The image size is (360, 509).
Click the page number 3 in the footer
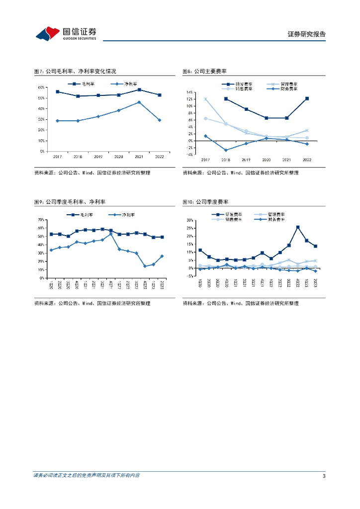tap(324, 476)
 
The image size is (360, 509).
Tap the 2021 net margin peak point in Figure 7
tap(139, 102)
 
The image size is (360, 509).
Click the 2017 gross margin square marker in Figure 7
tap(57, 92)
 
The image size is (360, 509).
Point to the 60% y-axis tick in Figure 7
tap(41, 87)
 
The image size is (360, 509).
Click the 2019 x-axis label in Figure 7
tap(98, 157)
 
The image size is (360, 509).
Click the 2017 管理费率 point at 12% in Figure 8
tap(205, 99)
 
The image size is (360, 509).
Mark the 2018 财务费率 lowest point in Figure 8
tap(226, 150)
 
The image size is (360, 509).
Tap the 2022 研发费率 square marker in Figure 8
tap(307, 98)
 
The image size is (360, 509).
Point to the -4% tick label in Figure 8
tap(189, 155)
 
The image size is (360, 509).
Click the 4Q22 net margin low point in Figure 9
tap(145, 266)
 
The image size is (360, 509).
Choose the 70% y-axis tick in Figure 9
tap(41, 219)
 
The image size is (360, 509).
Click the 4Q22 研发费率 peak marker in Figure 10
tap(297, 227)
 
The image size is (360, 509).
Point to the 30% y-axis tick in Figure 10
tap(189, 220)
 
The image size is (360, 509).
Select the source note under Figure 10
tap(241, 303)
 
